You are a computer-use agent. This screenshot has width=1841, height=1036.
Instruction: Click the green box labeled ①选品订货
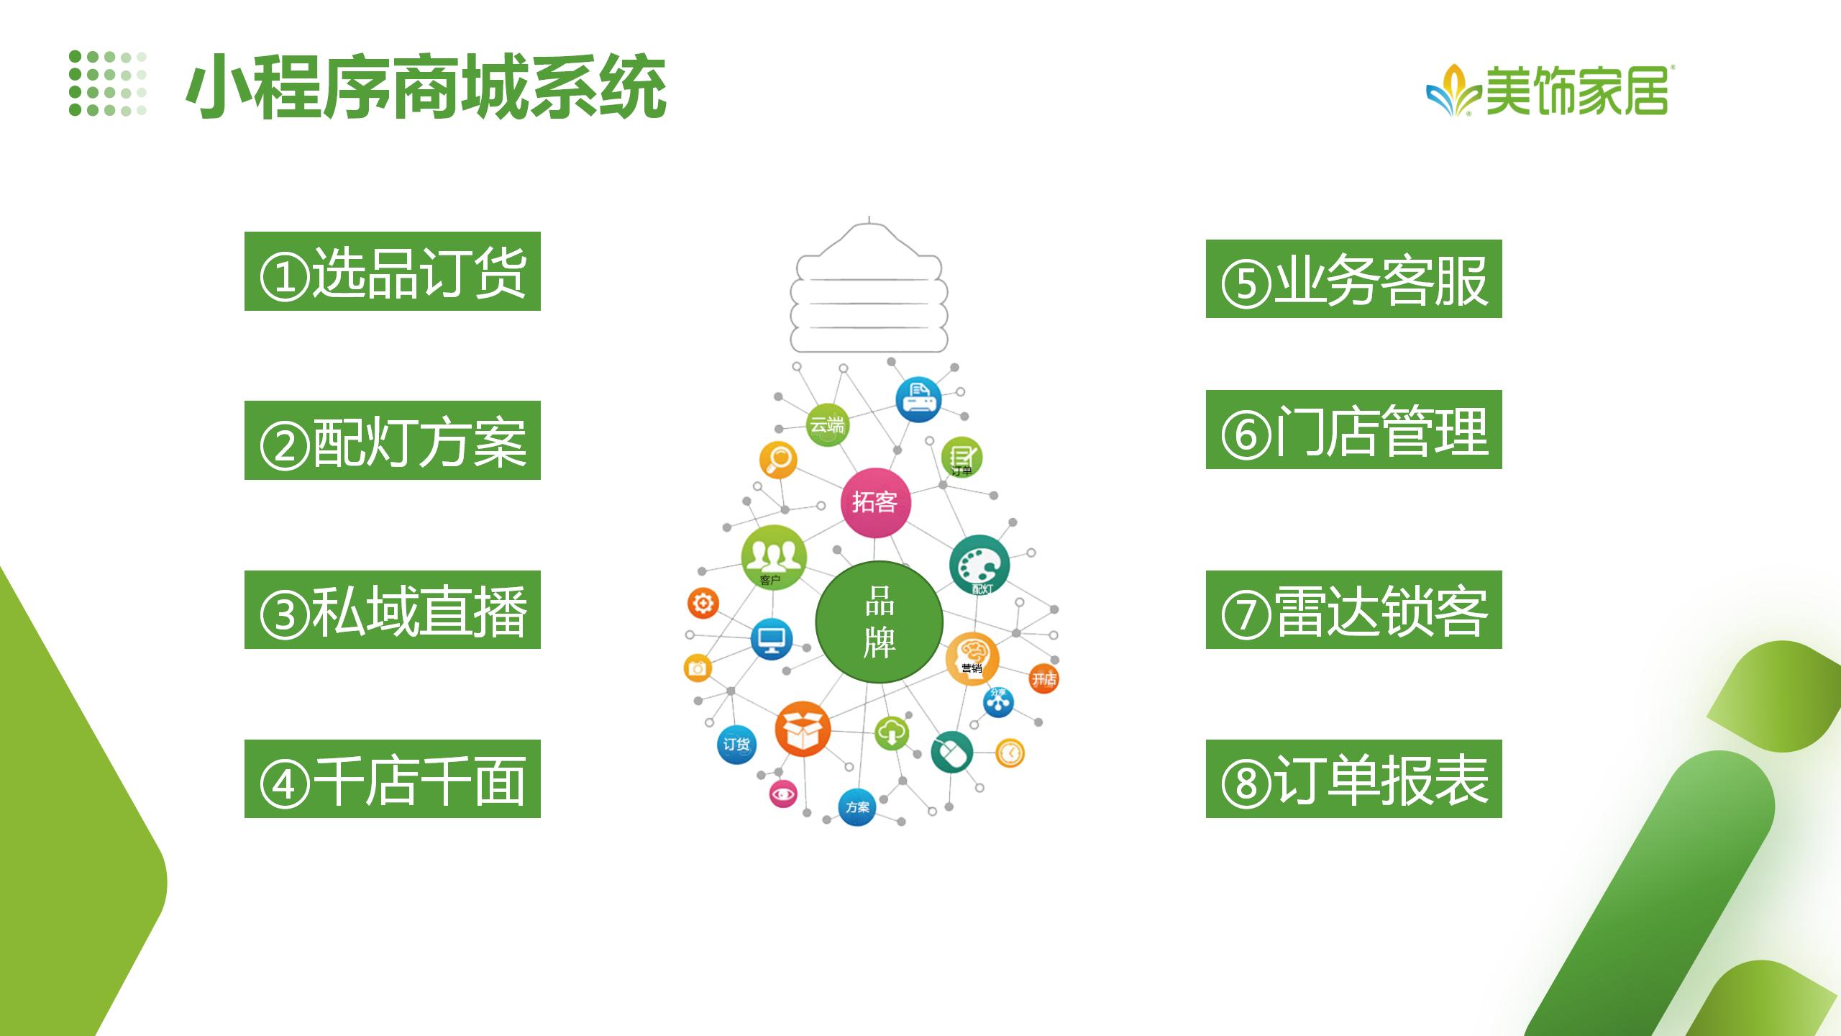tap(393, 271)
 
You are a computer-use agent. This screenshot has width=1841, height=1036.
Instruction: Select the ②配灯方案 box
tap(393, 440)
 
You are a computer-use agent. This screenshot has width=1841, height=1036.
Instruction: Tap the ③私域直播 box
tap(393, 609)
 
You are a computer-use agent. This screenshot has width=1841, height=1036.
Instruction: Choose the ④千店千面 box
tap(393, 778)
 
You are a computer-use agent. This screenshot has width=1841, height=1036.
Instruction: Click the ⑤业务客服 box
tap(1354, 278)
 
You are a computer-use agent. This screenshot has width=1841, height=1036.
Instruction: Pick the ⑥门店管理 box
tap(1354, 430)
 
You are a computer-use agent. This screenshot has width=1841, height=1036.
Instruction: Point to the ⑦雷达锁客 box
tap(1354, 609)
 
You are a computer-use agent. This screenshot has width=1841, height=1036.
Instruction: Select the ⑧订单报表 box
tap(1354, 778)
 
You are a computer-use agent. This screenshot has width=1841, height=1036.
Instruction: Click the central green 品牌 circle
tap(879, 622)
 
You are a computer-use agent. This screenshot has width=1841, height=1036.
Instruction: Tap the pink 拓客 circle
tap(876, 502)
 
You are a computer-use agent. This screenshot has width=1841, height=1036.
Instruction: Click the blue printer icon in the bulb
tap(918, 399)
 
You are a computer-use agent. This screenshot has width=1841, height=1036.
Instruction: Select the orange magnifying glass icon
tap(778, 459)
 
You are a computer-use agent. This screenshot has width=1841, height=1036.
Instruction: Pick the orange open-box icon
tap(803, 729)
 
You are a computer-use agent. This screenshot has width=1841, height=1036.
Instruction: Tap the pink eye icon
tap(783, 794)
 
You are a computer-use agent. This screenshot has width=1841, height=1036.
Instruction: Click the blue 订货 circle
tap(736, 745)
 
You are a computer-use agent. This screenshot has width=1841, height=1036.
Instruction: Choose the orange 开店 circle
tap(1043, 678)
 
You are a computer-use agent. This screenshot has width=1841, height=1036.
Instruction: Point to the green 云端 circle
tap(827, 424)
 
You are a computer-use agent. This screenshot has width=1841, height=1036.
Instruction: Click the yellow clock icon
tap(1010, 753)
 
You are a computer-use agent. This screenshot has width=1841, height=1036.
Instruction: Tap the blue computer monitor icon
tap(772, 639)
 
